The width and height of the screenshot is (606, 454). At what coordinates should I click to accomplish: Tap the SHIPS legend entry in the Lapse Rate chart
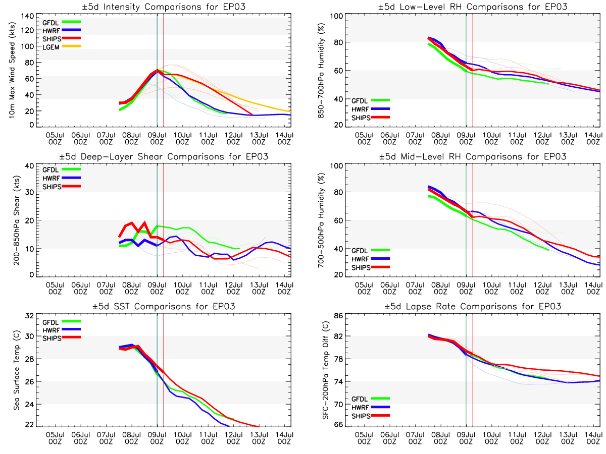[362, 416]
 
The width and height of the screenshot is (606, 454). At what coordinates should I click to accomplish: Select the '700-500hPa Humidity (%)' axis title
[321, 218]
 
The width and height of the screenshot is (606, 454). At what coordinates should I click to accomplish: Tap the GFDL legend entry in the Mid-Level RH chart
[362, 250]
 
